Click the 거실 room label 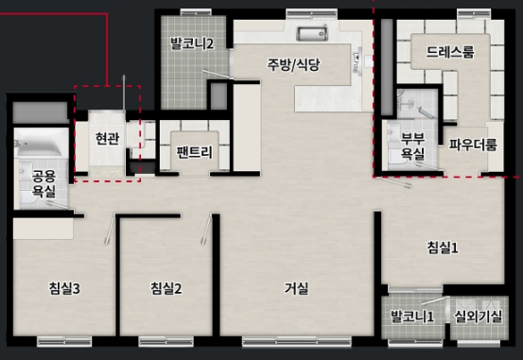pyautogui.click(x=296, y=288)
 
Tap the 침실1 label pyautogui.click(x=443, y=248)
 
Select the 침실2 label pyautogui.click(x=166, y=288)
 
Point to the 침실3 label pyautogui.click(x=64, y=288)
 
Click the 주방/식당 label pyautogui.click(x=293, y=64)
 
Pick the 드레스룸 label pyautogui.click(x=450, y=52)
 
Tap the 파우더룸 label pyautogui.click(x=473, y=145)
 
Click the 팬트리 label pyautogui.click(x=195, y=152)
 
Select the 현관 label pyautogui.click(x=107, y=138)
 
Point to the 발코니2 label pyautogui.click(x=192, y=43)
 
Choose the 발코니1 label pyautogui.click(x=412, y=317)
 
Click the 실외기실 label pyautogui.click(x=479, y=317)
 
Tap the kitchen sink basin pyautogui.click(x=312, y=34)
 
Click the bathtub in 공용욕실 pyautogui.click(x=42, y=143)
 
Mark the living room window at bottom pyautogui.click(x=297, y=342)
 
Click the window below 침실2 pyautogui.click(x=166, y=342)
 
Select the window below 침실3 pyautogui.click(x=64, y=342)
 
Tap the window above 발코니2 pyautogui.click(x=196, y=12)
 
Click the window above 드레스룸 pyautogui.click(x=474, y=14)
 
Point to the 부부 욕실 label pyautogui.click(x=412, y=146)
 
